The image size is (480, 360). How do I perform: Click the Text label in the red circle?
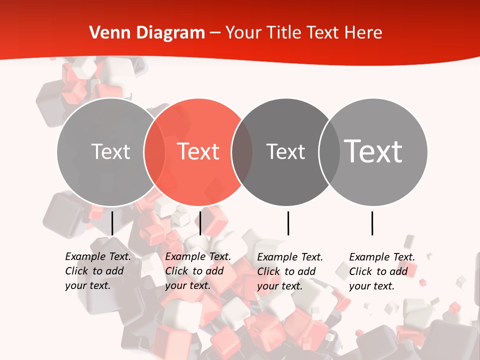[198, 151]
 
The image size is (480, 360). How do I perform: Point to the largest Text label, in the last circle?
[373, 151]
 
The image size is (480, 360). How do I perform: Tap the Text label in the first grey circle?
[110, 151]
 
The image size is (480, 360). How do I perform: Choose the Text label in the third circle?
[285, 151]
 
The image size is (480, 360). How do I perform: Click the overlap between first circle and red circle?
[154, 151]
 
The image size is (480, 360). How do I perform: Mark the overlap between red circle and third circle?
[242, 151]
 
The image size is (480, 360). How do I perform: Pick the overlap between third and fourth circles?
[329, 151]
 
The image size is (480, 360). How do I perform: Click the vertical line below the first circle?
[112, 223]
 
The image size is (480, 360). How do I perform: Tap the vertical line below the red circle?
[200, 223]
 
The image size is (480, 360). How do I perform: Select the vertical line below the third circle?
[288, 223]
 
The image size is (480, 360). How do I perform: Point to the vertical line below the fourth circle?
[372, 223]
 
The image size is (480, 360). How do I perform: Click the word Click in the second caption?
[176, 271]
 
